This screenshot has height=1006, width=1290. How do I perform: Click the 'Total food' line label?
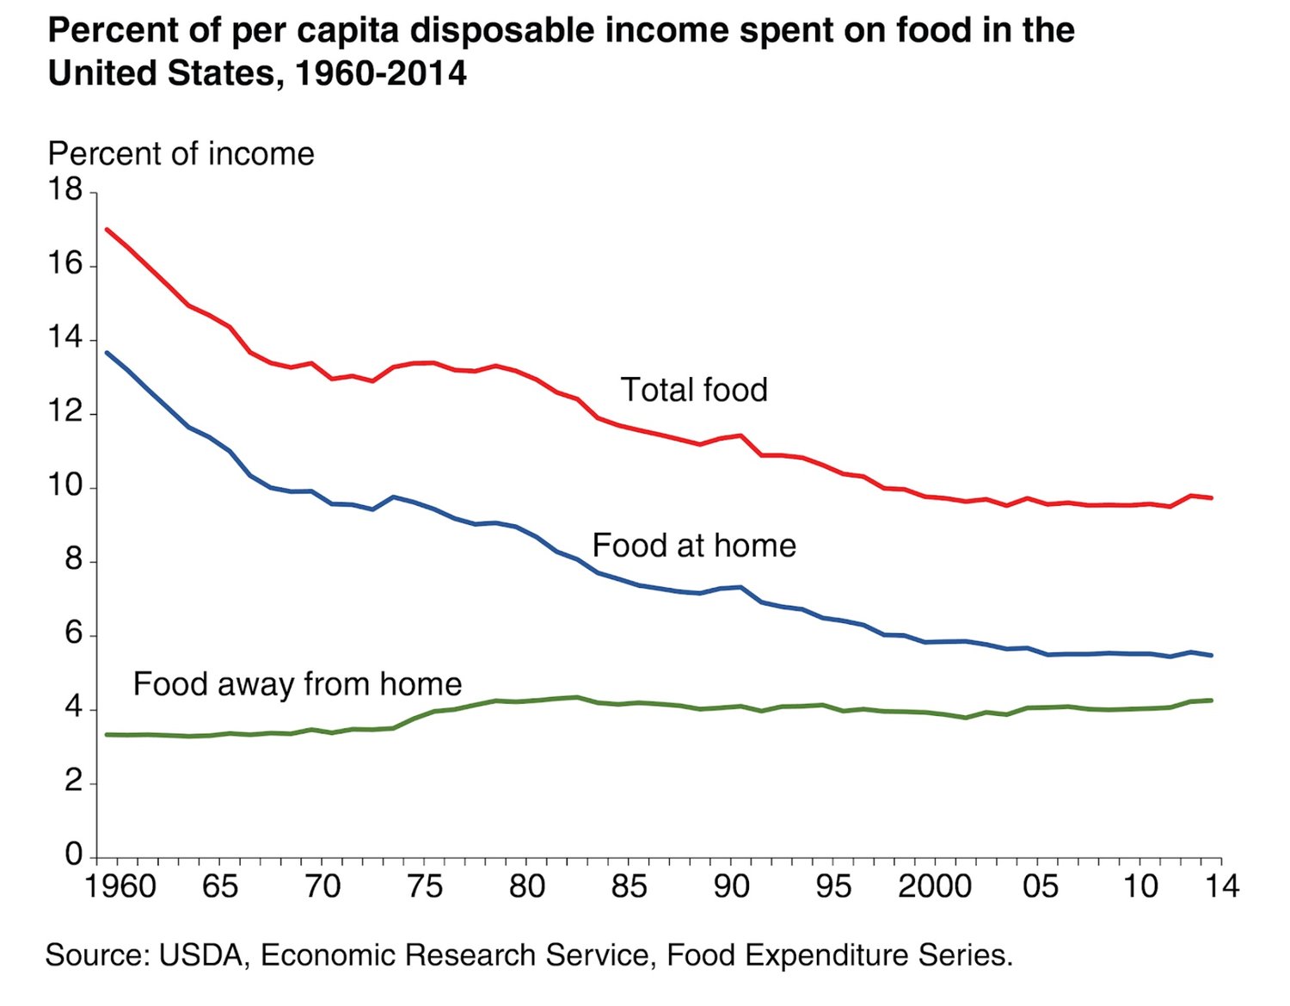693,390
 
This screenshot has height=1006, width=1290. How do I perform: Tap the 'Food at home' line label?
693,546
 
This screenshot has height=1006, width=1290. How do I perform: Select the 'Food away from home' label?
297,684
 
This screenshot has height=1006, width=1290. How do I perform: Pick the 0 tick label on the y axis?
74,855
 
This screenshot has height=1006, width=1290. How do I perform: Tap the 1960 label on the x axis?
120,886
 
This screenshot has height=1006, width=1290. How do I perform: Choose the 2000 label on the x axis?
934,886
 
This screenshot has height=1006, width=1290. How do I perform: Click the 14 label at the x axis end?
1220,886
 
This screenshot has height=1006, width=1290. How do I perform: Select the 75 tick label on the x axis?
424,886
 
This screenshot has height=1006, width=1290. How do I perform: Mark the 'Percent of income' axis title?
181,154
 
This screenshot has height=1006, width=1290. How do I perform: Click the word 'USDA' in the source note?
201,955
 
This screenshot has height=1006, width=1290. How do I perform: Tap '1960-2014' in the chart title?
380,74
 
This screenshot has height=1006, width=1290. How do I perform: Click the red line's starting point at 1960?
107,230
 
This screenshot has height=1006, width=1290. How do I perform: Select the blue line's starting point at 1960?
107,353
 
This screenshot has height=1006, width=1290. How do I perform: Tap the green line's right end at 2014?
1211,700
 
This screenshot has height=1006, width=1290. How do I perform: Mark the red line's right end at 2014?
1211,497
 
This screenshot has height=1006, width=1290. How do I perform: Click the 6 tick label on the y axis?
74,634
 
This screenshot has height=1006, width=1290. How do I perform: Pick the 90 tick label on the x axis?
731,886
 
